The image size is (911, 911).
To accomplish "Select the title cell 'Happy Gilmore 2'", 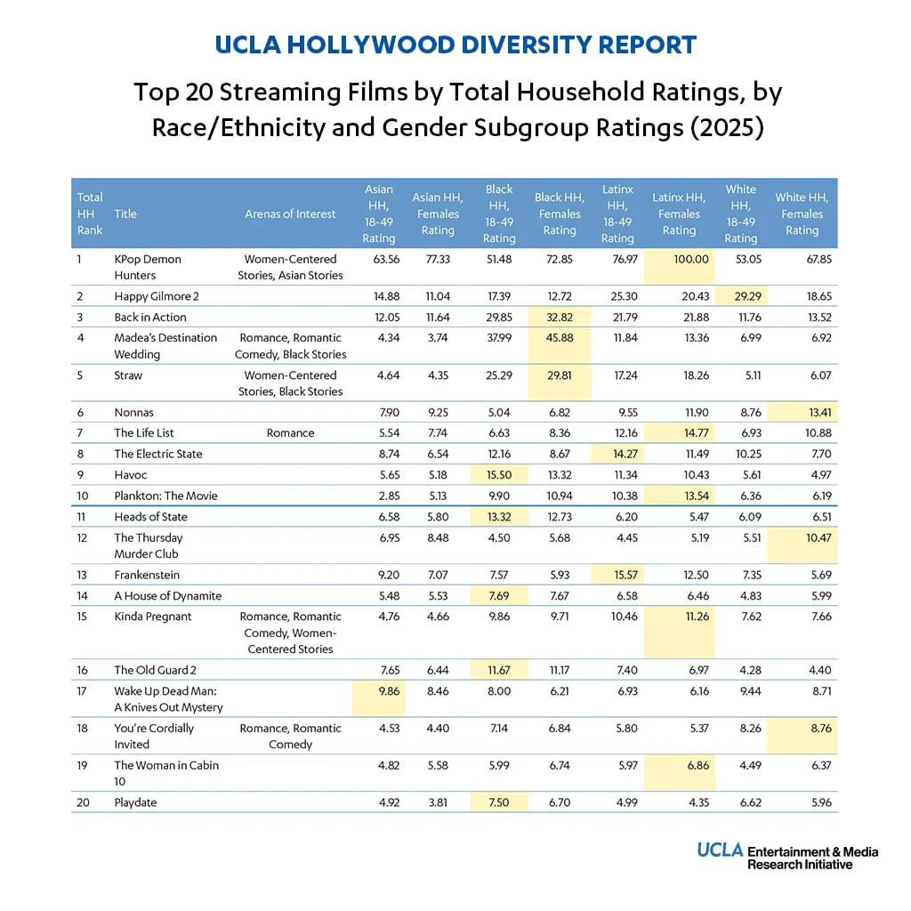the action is tap(157, 296).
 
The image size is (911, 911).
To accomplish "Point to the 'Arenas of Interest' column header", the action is tap(290, 214).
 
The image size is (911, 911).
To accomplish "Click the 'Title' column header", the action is tap(125, 214).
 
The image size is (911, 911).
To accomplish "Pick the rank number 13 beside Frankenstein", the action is tap(82, 576).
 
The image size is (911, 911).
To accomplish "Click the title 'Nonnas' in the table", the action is tap(133, 413).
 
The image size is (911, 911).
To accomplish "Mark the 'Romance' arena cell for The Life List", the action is tap(291, 433).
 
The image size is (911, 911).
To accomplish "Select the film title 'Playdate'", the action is tap(135, 802).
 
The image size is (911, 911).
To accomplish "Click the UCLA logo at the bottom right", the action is tap(720, 850).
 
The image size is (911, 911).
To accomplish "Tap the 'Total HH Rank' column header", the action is tap(90, 214).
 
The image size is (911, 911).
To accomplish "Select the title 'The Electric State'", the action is tap(158, 454).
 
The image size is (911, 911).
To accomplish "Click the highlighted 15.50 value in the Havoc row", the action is tap(499, 475).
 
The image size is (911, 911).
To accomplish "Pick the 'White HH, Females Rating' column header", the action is tap(802, 214).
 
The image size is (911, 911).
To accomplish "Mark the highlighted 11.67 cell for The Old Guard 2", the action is tap(499, 671).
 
